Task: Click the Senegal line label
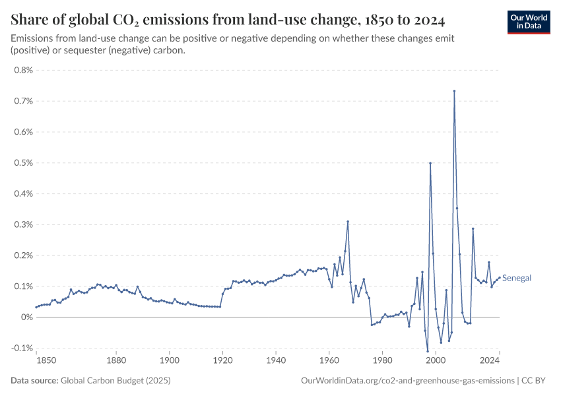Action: (517, 279)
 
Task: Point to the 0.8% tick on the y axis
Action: (24, 70)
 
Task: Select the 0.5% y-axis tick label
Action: (24, 163)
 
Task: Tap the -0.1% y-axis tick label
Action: (22, 348)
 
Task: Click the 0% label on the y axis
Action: (27, 317)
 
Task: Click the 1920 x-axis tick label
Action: (222, 360)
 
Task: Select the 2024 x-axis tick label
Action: (489, 360)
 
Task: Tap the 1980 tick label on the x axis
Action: (382, 360)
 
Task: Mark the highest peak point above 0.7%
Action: (454, 91)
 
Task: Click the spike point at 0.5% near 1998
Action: (430, 163)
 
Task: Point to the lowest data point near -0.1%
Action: (428, 350)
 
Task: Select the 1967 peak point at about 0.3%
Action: (348, 222)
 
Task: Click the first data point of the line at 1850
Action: (36, 307)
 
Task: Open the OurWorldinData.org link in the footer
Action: (407, 380)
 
